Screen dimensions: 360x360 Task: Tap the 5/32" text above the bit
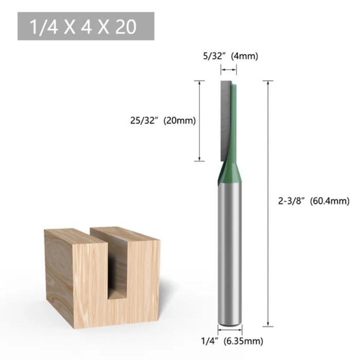[x=211, y=56]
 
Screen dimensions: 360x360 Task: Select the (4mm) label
[x=244, y=56]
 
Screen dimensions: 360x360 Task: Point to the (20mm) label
[x=179, y=121]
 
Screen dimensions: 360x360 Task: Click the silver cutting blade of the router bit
[x=226, y=118]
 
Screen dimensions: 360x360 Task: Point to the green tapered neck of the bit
[x=230, y=172]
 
